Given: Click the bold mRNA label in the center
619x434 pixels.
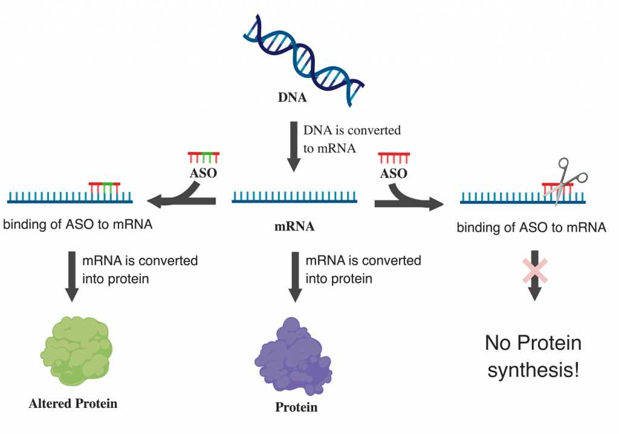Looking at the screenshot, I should point(294,228).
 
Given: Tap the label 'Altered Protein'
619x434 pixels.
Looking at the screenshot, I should point(73,403).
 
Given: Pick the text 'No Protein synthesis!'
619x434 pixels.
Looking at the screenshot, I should point(533,357).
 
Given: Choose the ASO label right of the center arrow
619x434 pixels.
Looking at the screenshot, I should point(393,173).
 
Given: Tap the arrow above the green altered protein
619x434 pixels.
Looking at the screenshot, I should point(72,275).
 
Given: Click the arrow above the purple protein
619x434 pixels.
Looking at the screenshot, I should point(294,275).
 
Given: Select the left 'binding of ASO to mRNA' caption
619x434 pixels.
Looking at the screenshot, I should point(77,226).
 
